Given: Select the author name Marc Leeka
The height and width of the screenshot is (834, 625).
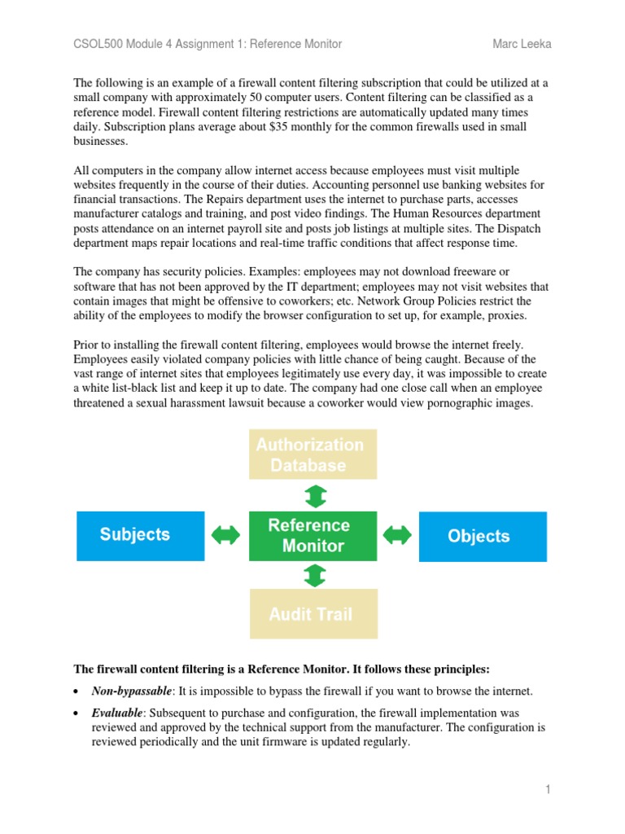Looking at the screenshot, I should coord(521,44).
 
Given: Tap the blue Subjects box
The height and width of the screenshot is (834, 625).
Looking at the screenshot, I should coord(140,535).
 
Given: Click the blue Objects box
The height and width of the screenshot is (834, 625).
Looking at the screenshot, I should coord(483,536).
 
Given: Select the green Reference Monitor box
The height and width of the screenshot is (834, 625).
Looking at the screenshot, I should coord(312,535).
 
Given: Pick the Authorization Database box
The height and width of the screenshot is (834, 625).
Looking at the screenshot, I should coord(312,454).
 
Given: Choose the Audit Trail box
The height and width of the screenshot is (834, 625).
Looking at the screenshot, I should coord(312,614).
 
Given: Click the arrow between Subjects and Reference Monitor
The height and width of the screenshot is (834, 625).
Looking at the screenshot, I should coord(226,535).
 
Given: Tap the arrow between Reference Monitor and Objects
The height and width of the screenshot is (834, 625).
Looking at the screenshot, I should coord(398,535).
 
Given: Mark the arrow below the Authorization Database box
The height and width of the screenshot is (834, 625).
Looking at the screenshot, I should coord(313,496).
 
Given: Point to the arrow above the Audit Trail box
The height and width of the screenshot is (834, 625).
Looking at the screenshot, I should coord(313,576).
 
